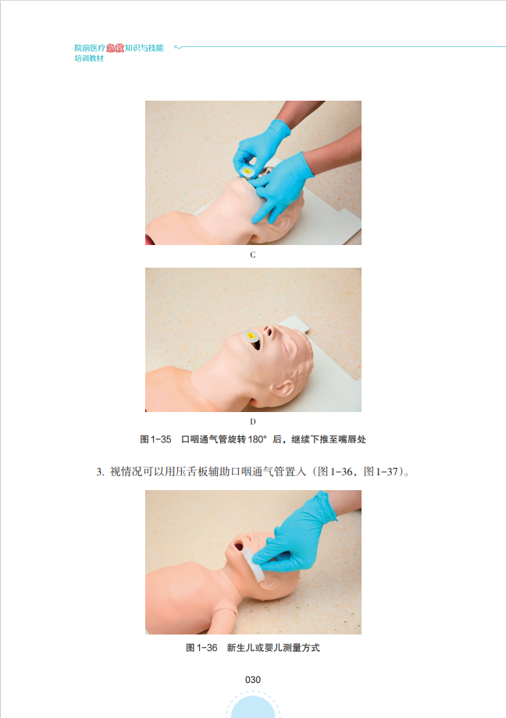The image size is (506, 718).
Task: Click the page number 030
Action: pos(252,680)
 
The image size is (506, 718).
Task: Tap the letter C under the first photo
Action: pos(252,254)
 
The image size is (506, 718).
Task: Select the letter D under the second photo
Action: pos(252,421)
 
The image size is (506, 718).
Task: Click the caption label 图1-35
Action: pos(155,439)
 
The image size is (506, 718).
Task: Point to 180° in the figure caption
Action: pos(257,439)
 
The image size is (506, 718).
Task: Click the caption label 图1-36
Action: pos(201,648)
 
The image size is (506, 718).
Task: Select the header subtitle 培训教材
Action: pos(89,59)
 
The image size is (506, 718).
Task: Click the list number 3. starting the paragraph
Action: pos(101,471)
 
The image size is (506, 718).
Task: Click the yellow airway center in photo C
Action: pos(248,171)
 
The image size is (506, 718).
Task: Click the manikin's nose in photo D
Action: pos(269,331)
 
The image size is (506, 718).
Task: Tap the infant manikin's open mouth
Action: pos(239,546)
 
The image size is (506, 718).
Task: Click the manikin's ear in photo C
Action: pos(280,226)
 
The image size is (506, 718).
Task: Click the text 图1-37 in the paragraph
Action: pos(381,471)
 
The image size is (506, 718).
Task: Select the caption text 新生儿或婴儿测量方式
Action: pos(273,648)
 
